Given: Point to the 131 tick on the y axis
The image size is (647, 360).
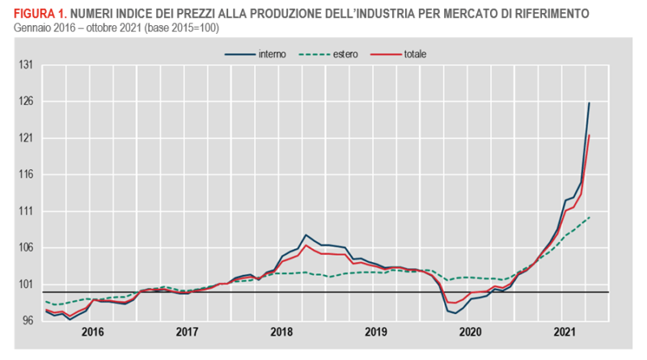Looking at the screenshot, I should tap(26, 66).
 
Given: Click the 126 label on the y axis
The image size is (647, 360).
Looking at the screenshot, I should tap(26, 102).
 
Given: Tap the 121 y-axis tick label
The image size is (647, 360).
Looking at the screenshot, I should tap(26, 138).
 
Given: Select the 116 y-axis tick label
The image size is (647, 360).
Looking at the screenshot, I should tap(26, 175).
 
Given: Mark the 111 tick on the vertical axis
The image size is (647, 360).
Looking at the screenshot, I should tap(26, 211).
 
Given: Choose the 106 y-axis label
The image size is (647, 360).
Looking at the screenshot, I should tap(26, 248).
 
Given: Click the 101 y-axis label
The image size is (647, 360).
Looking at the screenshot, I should tap(26, 284).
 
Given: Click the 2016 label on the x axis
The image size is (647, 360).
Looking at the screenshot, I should tap(93, 332).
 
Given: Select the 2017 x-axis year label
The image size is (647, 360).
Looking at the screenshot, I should tap(187, 332).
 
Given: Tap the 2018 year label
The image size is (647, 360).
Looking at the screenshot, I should tap(281, 332).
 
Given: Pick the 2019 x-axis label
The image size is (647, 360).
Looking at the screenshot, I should tap(376, 332).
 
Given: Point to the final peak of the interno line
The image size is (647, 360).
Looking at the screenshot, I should tap(589, 103).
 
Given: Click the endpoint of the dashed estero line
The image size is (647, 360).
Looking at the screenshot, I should tap(589, 217).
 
